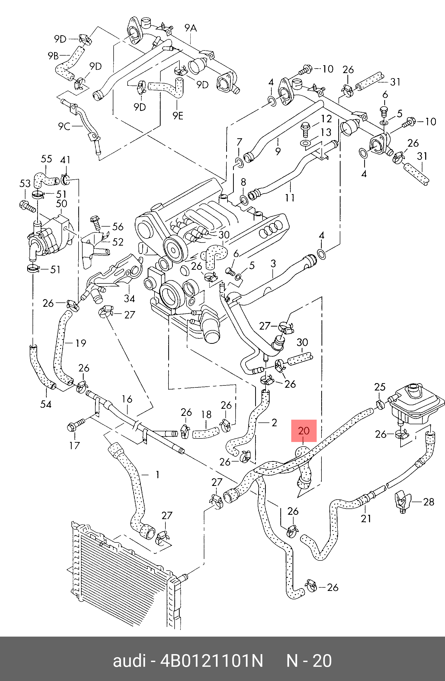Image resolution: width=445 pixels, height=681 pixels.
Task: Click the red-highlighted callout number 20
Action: click(304, 431)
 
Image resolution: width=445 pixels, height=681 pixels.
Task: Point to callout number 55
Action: click(47, 159)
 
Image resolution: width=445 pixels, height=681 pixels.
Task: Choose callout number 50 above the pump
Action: click(61, 204)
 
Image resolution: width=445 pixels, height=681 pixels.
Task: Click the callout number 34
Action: click(129, 298)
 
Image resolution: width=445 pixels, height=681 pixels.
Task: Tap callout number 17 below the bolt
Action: click(74, 445)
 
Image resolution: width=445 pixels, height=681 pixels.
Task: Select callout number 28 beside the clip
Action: click(428, 502)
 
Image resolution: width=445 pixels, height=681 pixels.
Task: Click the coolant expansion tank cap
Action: click(413, 388)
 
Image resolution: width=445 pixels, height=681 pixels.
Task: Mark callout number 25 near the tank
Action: click(380, 387)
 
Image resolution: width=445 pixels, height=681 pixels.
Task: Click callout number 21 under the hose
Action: click(366, 518)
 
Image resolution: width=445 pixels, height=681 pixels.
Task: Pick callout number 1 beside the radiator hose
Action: click(157, 475)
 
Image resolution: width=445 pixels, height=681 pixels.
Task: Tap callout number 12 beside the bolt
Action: click(326, 118)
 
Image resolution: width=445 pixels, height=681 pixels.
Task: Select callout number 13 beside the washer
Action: click(326, 132)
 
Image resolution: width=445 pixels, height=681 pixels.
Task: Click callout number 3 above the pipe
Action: click(273, 264)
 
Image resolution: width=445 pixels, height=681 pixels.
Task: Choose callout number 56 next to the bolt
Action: click(117, 227)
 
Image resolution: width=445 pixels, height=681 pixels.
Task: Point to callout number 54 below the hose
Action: click(46, 404)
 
